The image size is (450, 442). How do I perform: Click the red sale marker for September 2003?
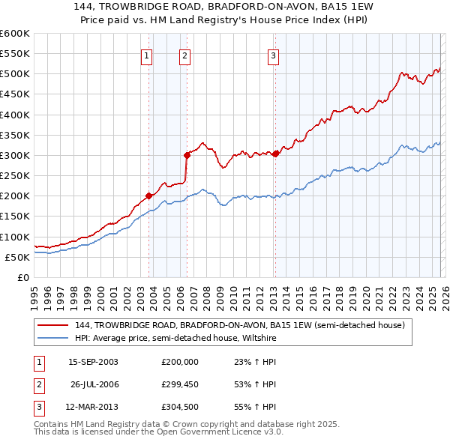click(148, 196)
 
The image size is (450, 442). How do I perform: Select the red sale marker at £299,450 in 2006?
click(187, 155)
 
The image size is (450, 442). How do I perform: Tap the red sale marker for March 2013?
click(275, 154)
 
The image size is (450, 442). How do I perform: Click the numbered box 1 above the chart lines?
click(146, 57)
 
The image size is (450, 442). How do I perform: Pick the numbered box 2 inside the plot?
click(184, 57)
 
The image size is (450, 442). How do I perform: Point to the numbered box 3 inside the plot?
click(273, 57)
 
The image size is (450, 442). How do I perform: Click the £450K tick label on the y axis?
click(14, 94)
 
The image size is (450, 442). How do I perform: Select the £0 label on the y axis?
click(23, 277)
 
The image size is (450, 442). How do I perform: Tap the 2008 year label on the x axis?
click(207, 299)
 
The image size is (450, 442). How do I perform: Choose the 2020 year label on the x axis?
click(367, 299)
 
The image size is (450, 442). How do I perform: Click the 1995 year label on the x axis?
click(34, 299)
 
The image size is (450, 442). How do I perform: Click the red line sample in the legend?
click(52, 325)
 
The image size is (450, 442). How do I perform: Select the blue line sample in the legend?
click(52, 338)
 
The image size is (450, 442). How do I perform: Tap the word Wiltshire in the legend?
click(259, 338)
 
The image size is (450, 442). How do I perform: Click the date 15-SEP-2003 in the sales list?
click(93, 362)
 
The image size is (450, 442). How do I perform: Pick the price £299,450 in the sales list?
click(180, 384)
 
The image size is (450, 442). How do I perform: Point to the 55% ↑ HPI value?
click(255, 407)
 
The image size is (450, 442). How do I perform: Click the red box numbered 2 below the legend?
click(39, 386)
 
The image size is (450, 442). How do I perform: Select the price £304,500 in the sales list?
click(180, 407)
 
